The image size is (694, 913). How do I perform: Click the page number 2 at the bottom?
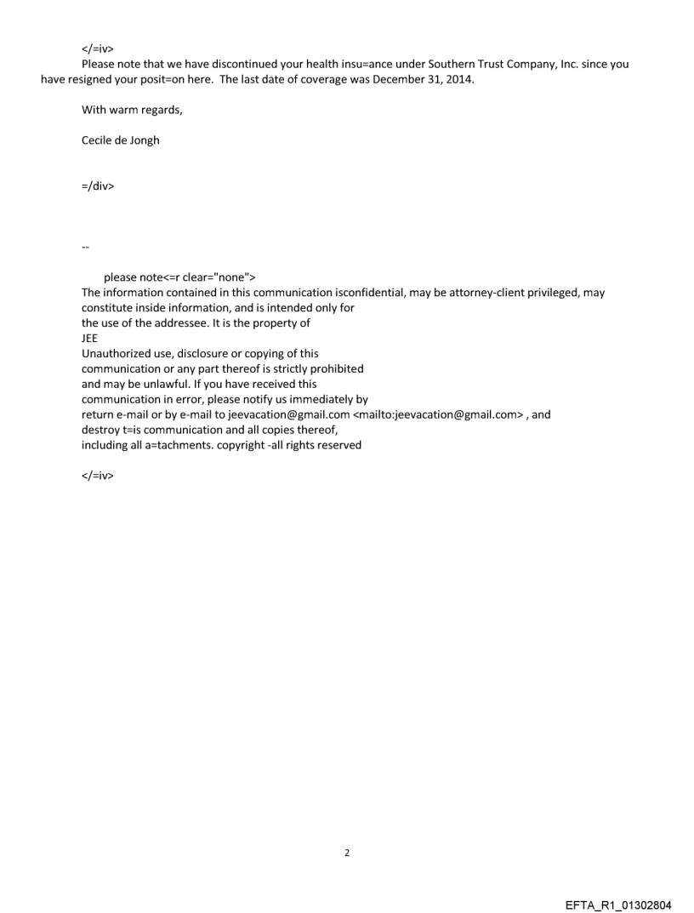coord(347,853)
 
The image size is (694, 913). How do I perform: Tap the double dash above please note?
coord(85,247)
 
